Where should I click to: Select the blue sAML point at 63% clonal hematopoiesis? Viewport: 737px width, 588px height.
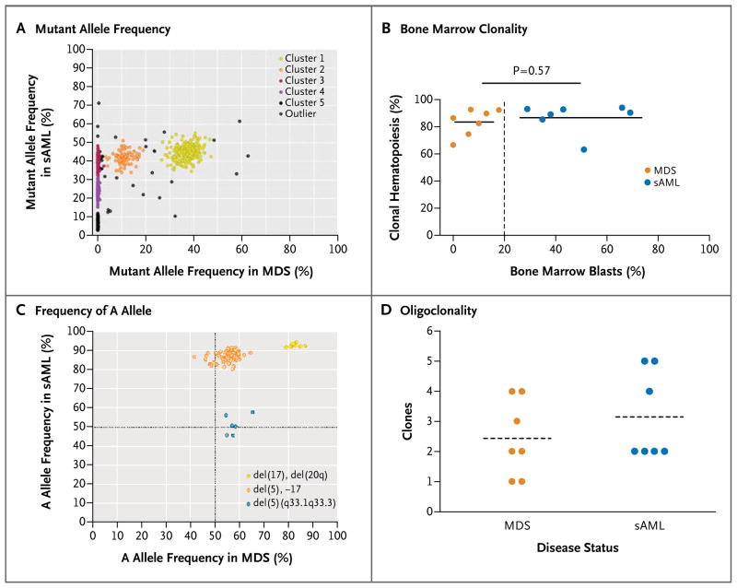[x=583, y=149]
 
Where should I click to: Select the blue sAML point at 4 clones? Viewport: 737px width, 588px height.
[x=649, y=391]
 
